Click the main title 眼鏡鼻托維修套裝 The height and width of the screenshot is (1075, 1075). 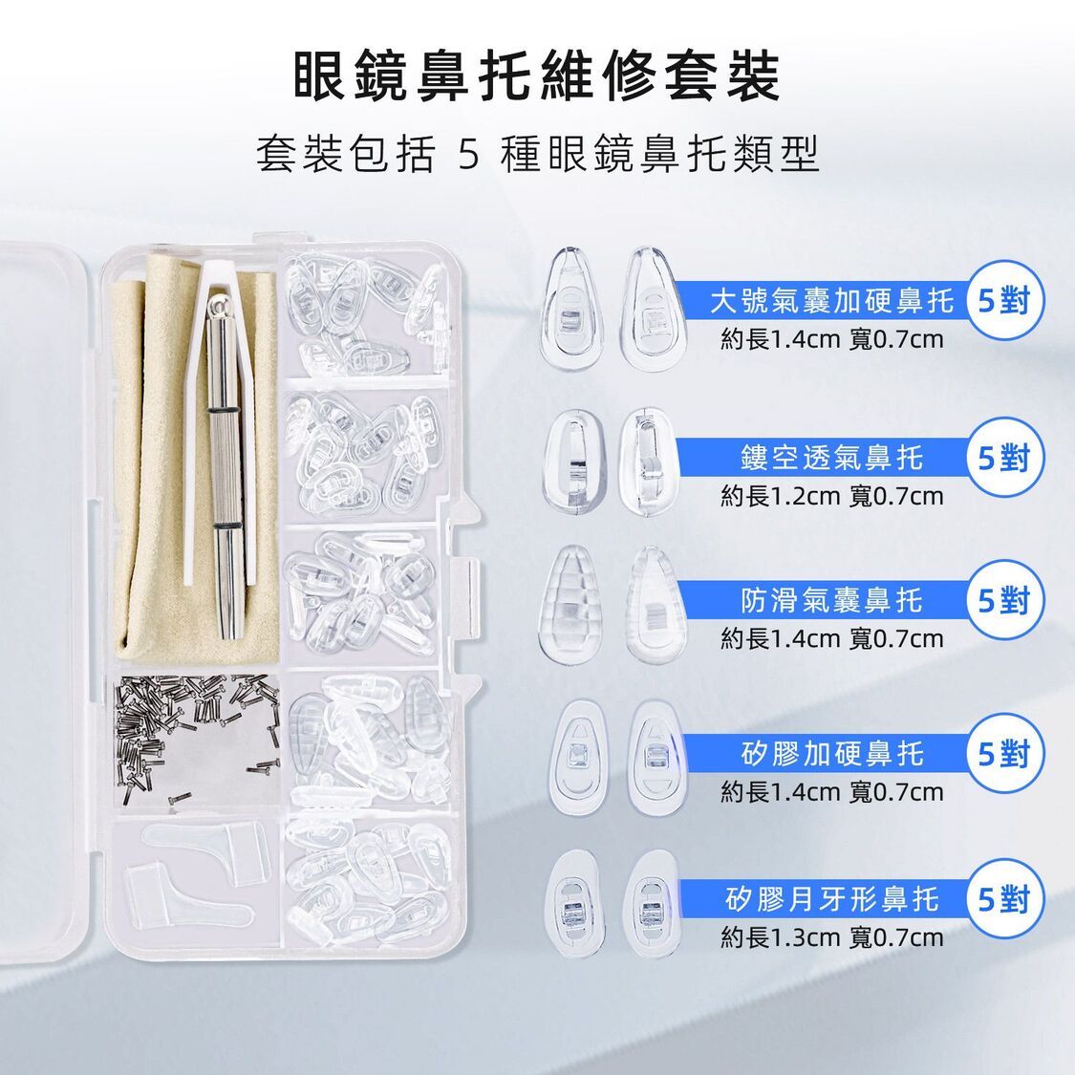pyautogui.click(x=537, y=75)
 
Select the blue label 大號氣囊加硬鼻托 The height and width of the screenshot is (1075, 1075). pyautogui.click(x=831, y=300)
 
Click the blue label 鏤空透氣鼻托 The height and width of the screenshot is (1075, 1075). pyautogui.click(x=831, y=458)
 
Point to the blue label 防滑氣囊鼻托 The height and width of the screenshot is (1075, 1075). pyautogui.click(x=831, y=600)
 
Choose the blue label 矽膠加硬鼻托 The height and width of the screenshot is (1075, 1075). pyautogui.click(x=831, y=754)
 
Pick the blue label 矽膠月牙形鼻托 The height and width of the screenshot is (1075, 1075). pyautogui.click(x=831, y=899)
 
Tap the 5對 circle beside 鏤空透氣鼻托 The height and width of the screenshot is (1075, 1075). pyautogui.click(x=1004, y=458)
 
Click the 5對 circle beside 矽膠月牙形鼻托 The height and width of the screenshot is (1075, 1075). pyautogui.click(x=1004, y=899)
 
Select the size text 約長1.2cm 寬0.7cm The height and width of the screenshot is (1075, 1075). pyautogui.click(x=831, y=496)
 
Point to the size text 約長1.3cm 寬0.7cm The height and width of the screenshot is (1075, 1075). pyautogui.click(x=831, y=937)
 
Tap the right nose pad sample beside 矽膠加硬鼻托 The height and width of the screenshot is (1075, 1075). pyautogui.click(x=656, y=757)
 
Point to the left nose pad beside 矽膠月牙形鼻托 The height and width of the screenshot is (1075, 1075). pyautogui.click(x=574, y=904)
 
